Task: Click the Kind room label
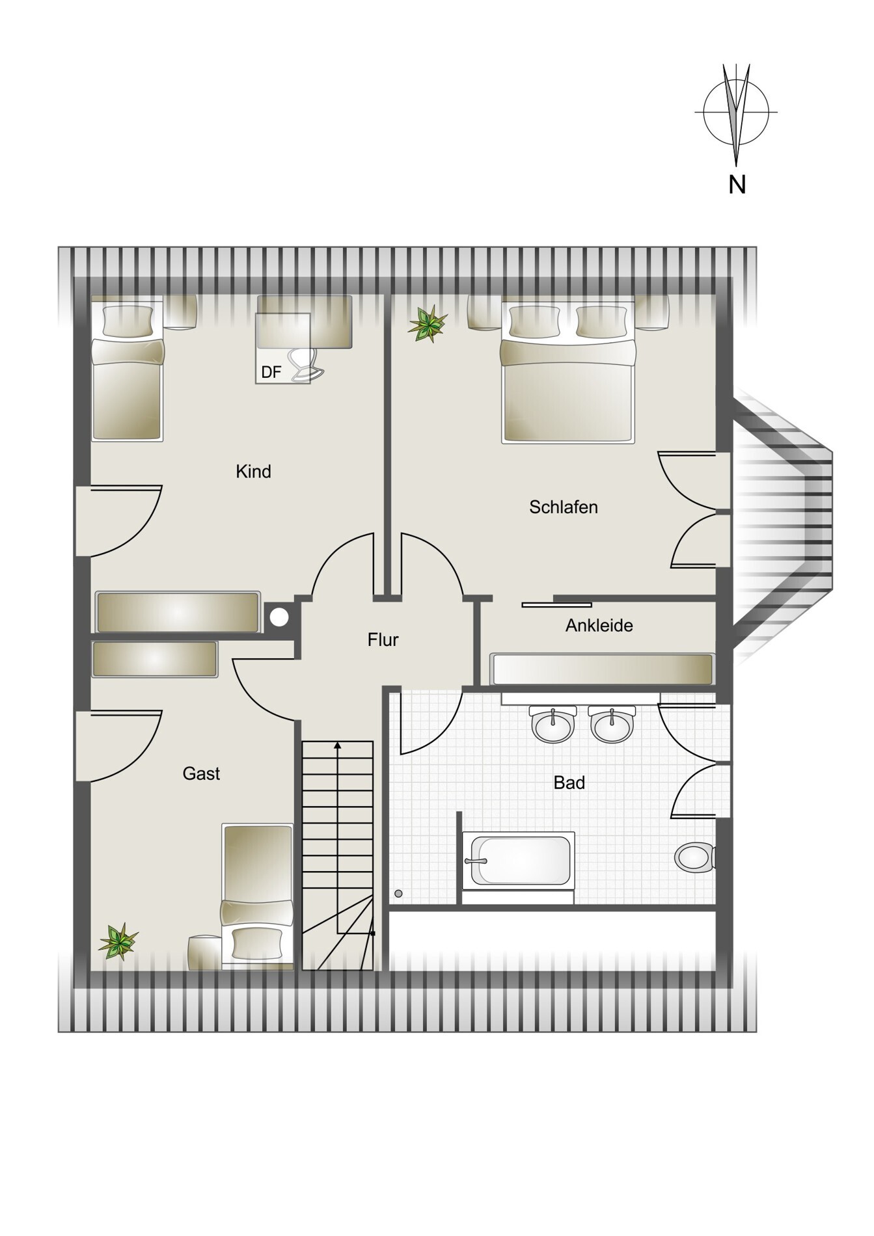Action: [253, 472]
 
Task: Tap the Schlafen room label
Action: [564, 507]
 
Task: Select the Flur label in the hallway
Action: [383, 640]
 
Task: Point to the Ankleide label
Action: [599, 626]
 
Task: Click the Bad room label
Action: [569, 783]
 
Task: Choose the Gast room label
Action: [201, 773]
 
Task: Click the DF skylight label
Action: [271, 372]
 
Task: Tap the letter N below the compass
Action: [737, 185]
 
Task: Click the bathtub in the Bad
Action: [518, 861]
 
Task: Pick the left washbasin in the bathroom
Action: [554, 725]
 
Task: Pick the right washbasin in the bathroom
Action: [612, 725]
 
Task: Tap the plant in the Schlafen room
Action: [428, 323]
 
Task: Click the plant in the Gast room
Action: [118, 941]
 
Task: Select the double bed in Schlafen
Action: [567, 370]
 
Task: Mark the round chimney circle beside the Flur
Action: [279, 617]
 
